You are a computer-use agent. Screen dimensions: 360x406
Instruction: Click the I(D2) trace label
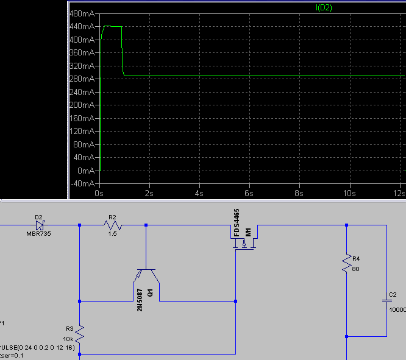coord(324,8)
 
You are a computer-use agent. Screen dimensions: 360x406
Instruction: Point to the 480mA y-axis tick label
coord(82,13)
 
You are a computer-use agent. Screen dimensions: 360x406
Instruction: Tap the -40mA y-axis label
coord(82,183)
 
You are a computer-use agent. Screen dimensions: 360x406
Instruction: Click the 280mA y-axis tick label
coord(82,79)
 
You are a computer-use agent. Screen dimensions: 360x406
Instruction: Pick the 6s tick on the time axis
coord(249,193)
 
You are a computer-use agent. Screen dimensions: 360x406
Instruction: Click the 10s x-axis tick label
coord(349,193)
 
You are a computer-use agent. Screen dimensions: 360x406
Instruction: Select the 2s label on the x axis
coord(149,193)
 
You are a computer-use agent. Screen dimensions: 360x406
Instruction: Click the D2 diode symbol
coord(40,225)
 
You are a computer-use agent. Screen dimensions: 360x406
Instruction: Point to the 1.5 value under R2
coord(113,234)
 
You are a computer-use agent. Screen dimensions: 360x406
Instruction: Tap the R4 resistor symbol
coord(346,263)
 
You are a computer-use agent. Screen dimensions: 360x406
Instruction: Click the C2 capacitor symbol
coord(386,301)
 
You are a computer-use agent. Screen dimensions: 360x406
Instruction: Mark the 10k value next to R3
coord(69,339)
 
